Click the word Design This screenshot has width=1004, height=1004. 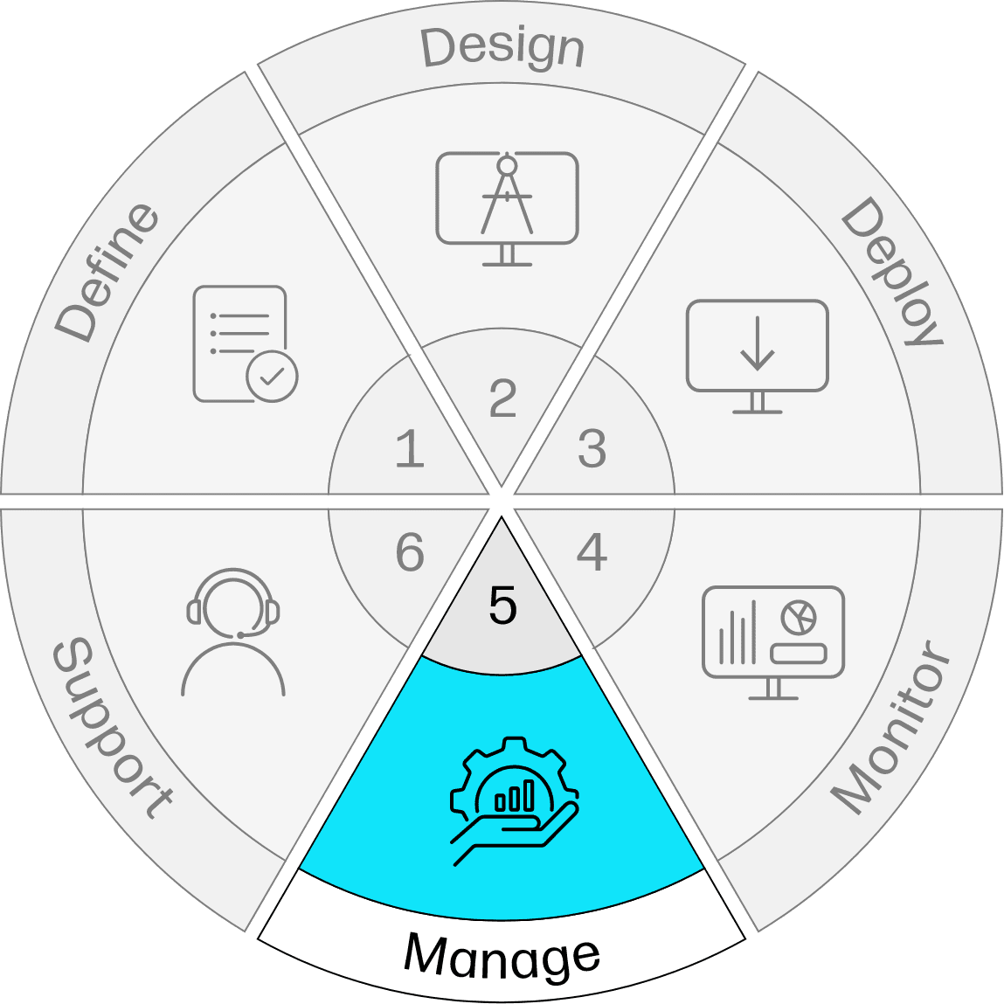(502, 47)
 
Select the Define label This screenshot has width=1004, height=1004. (107, 273)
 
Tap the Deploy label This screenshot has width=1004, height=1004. (892, 272)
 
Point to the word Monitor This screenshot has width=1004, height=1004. (891, 726)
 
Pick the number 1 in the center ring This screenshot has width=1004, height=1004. (410, 448)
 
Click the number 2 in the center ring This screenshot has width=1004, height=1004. (502, 398)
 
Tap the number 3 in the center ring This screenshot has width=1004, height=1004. (592, 448)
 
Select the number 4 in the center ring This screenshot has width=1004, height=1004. (592, 552)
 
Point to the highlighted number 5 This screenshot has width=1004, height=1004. (502, 605)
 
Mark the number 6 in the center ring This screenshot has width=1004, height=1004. (410, 552)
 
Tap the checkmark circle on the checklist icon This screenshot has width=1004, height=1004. (272, 376)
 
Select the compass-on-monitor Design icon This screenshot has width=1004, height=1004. (507, 208)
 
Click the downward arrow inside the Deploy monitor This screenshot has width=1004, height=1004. (758, 344)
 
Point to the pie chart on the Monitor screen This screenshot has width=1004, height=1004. (799, 617)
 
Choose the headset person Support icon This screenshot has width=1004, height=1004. (233, 632)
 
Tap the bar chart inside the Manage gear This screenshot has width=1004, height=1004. (514, 795)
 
